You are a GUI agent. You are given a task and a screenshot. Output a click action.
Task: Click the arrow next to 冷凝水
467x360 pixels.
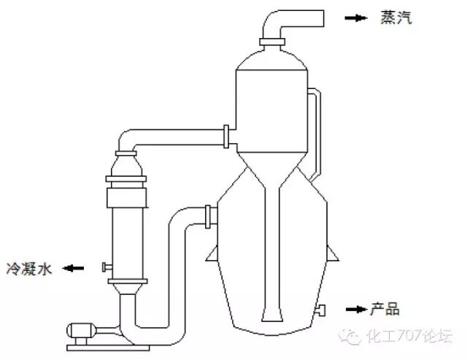pyautogui.click(x=73, y=268)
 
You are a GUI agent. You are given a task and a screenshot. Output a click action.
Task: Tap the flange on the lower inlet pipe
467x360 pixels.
pyautogui.click(x=209, y=215)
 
